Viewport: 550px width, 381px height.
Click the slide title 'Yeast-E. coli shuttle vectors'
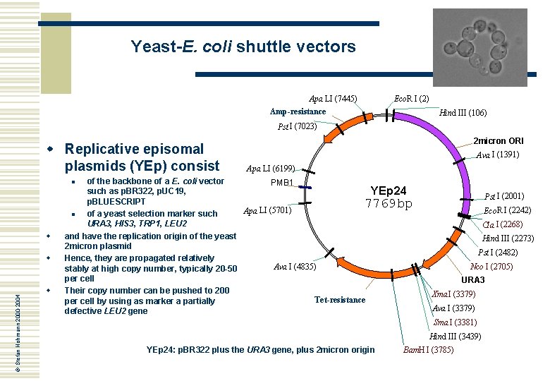pyautogui.click(x=243, y=47)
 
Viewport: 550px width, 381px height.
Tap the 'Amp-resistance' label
pyautogui.click(x=298, y=111)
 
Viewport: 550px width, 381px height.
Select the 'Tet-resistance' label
pyautogui.click(x=340, y=300)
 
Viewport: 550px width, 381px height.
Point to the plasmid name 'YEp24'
pyautogui.click(x=389, y=190)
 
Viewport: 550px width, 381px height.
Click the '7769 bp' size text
pyautogui.click(x=389, y=205)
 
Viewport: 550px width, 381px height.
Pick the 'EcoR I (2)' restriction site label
pyautogui.click(x=412, y=98)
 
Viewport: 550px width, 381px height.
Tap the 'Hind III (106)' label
pyautogui.click(x=463, y=112)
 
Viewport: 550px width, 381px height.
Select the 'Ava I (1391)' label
pyautogui.click(x=498, y=155)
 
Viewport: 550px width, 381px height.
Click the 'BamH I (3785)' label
pyautogui.click(x=428, y=350)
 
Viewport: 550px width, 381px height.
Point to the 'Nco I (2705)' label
pyautogui.click(x=492, y=267)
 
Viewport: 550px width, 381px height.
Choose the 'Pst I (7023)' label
pyautogui.click(x=297, y=127)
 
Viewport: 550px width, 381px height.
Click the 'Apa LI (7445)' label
pyautogui.click(x=333, y=98)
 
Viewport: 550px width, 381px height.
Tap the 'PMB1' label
pyautogui.click(x=282, y=183)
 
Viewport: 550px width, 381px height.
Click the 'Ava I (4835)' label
pyautogui.click(x=295, y=267)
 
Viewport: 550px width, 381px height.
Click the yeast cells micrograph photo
pyautogui.click(x=479, y=47)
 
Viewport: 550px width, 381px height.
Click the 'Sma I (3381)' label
pyautogui.click(x=455, y=322)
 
